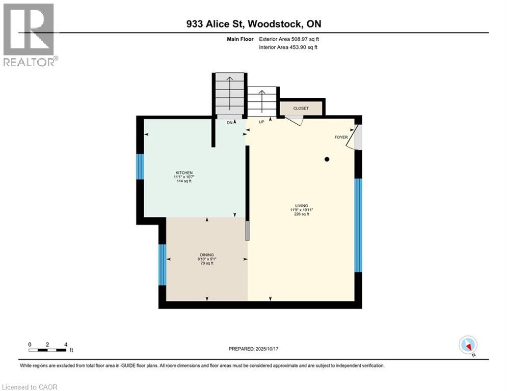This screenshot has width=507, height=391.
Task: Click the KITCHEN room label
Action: tap(183, 173)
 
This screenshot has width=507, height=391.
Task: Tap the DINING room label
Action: tap(206, 255)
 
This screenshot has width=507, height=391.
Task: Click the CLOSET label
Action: tap(301, 108)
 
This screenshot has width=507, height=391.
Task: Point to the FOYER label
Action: tap(341, 137)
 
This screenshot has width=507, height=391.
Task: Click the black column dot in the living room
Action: tap(327, 159)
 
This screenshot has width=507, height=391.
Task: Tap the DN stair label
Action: tap(230, 123)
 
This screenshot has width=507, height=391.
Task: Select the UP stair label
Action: tap(261, 122)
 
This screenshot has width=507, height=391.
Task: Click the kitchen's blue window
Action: tap(140, 166)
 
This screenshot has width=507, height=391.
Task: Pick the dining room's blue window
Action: tap(162, 265)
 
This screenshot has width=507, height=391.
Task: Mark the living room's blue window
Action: tap(358, 225)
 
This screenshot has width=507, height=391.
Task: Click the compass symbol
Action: tap(467, 345)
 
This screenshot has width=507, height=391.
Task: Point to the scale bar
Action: tap(47, 349)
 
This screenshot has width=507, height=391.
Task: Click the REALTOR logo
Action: tap(29, 34)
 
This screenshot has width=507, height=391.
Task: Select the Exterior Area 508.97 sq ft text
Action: tap(289, 39)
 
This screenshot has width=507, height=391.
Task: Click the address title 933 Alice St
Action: tap(253, 24)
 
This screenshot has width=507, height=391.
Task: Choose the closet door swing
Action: tap(294, 120)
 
